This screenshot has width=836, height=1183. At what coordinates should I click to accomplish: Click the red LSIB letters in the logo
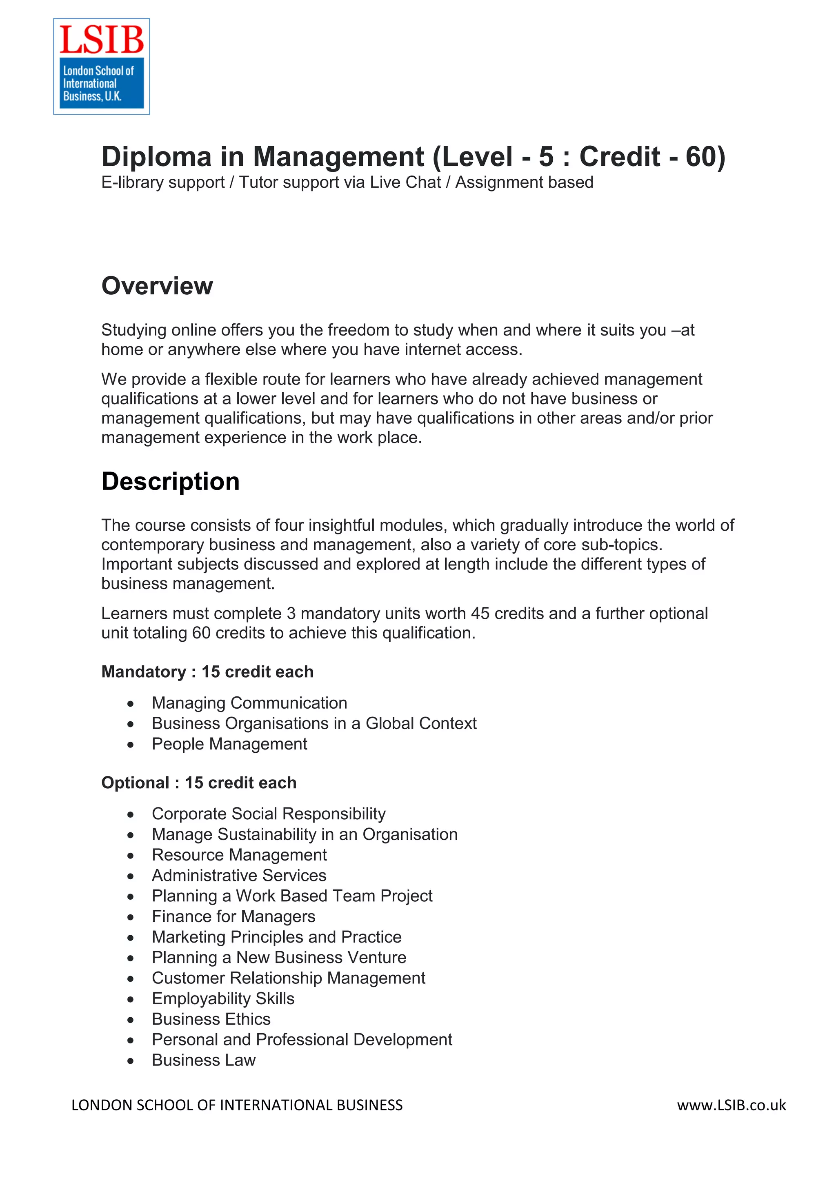102,40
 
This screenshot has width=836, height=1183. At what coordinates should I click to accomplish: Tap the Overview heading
157,286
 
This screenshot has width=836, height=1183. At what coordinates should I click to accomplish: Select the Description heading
171,481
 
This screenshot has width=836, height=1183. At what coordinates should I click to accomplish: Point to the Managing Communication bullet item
249,703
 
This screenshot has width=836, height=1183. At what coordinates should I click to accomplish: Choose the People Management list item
229,744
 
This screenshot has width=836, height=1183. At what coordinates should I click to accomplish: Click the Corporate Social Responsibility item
268,814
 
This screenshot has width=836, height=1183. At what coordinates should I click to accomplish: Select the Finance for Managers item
233,916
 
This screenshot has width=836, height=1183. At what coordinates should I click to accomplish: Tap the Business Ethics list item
211,1019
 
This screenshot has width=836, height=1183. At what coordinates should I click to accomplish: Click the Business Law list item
203,1061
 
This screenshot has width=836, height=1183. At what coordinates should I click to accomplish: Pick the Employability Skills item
223,998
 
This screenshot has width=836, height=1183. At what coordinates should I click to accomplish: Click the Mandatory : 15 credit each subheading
207,672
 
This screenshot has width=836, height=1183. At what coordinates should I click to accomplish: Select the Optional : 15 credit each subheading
199,783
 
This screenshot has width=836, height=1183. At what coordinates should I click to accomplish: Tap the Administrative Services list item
239,875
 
